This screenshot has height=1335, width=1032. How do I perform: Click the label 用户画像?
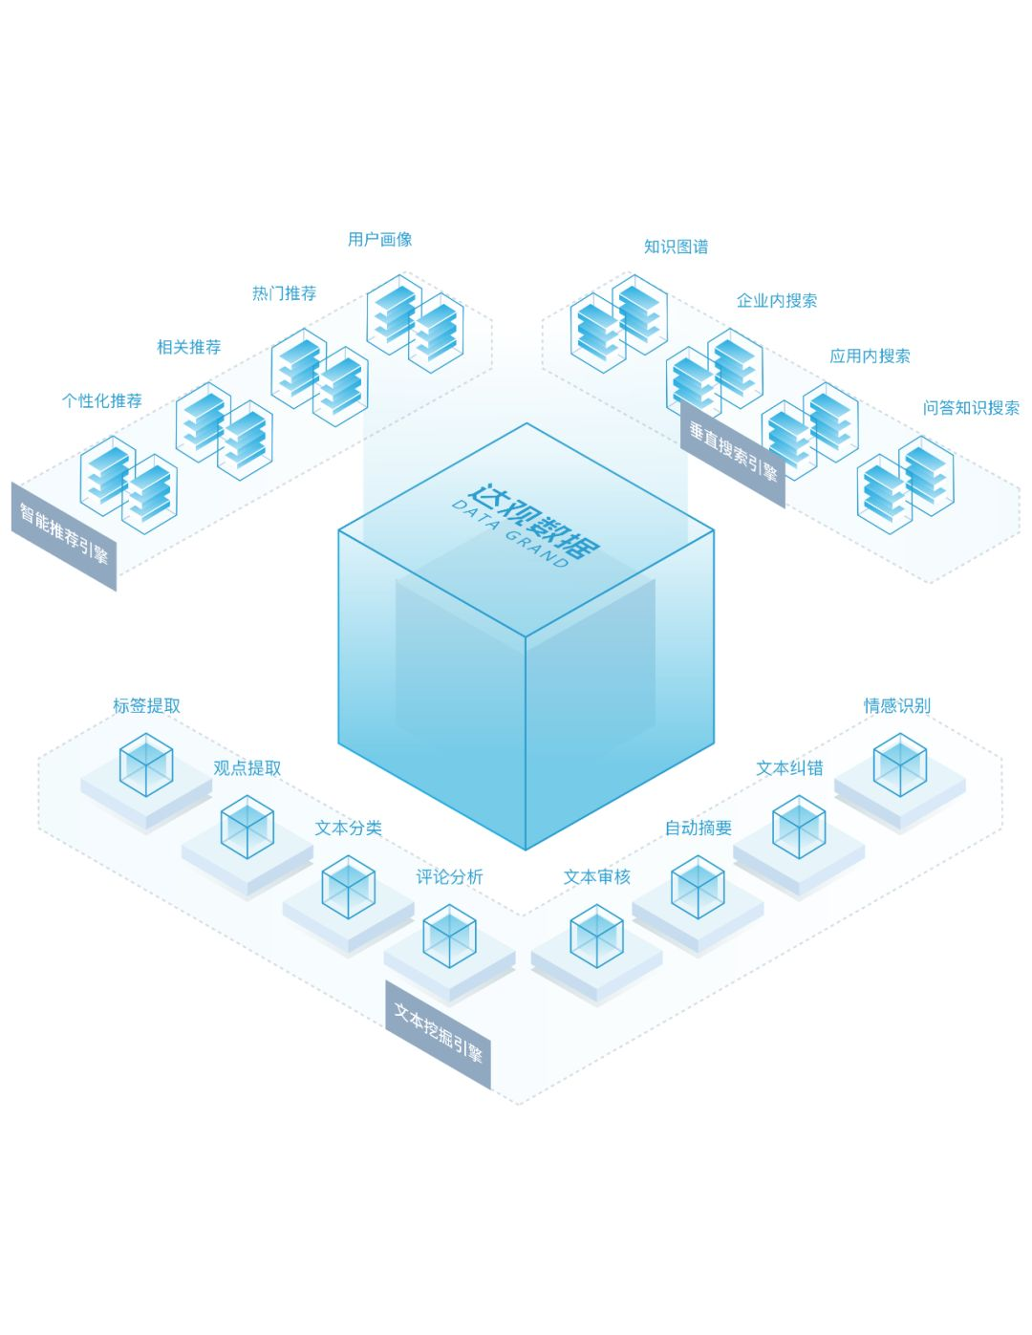pos(379,240)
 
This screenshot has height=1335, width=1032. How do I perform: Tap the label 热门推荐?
pos(284,293)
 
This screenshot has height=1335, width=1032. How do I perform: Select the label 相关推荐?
pos(188,347)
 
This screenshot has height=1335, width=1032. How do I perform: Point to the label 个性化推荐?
pos(102,401)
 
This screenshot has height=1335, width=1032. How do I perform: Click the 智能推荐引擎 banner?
pos(64,536)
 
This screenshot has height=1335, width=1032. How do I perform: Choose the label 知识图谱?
pos(676,247)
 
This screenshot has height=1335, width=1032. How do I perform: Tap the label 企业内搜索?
pos(776,301)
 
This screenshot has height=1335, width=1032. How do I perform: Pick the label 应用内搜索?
pos(870,356)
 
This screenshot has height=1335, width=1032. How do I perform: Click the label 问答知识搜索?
pos(971,408)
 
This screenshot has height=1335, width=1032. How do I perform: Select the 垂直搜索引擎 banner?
pos(734,453)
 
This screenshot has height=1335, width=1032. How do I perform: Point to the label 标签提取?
pos(146,706)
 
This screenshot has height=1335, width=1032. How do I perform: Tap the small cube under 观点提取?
pos(247,828)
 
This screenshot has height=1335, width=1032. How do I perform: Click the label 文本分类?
pos(348,829)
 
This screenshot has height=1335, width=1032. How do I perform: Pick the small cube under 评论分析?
pos(449,935)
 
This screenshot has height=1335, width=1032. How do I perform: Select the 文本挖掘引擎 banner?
pos(439,1034)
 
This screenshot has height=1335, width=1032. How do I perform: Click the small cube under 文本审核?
pos(596,936)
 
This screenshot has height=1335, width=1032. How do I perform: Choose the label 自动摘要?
pos(699,829)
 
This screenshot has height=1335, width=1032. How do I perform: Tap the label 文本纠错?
pos(789,768)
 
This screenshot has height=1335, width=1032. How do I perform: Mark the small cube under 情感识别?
pos(899,764)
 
